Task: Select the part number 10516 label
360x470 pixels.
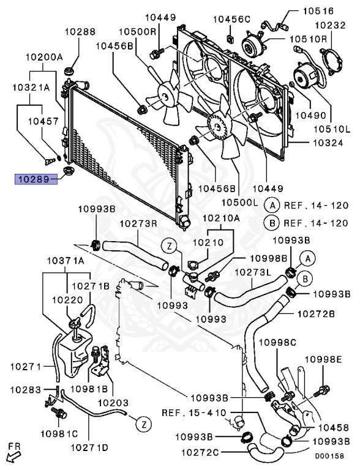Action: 318,11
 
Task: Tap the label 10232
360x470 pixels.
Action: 330,25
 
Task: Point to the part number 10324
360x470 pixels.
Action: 328,143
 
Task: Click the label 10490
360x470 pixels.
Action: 311,115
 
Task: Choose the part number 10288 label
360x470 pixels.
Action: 80,31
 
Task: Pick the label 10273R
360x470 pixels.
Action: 138,224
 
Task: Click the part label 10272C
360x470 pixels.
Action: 200,452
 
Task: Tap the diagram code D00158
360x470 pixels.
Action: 329,456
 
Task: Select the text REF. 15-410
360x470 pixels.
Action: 194,412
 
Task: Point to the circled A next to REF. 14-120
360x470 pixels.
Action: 272,206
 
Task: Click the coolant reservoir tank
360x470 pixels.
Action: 75,352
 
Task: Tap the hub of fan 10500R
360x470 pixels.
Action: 165,96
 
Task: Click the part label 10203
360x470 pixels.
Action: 113,403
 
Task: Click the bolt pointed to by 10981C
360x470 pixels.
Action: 59,413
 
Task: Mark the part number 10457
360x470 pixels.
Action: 43,121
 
